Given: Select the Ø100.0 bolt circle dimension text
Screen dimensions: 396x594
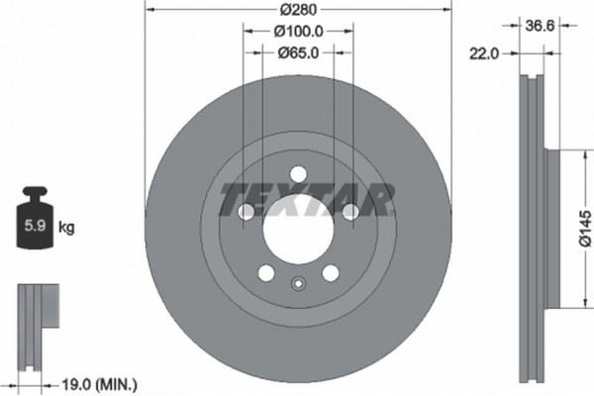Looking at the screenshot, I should tap(297, 32).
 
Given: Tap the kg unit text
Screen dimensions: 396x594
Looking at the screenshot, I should tap(66, 229).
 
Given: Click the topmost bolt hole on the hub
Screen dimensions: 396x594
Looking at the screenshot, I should tap(296, 176).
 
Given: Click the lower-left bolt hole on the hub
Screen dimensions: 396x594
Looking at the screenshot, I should tap(265, 272).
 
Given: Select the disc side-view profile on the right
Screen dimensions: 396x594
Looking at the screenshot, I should tap(532, 223).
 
